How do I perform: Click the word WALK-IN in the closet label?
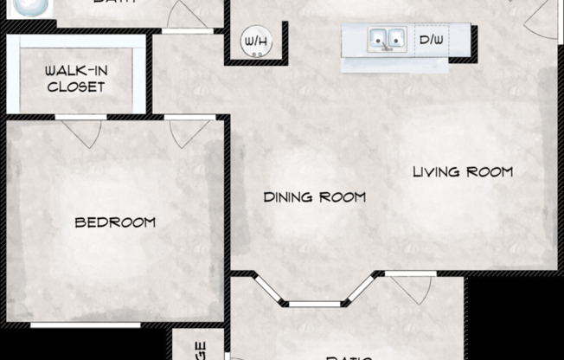tap(75, 71)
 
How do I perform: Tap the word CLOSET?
tap(76, 87)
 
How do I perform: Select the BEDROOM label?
tap(115, 222)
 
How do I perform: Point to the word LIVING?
tap(437, 171)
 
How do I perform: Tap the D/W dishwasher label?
tap(432, 40)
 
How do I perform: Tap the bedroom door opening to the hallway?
tap(189, 129)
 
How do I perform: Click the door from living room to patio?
tap(406, 286)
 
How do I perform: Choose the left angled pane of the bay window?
tap(270, 289)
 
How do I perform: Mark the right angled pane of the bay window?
tap(361, 289)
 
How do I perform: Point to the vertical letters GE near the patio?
tap(201, 350)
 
